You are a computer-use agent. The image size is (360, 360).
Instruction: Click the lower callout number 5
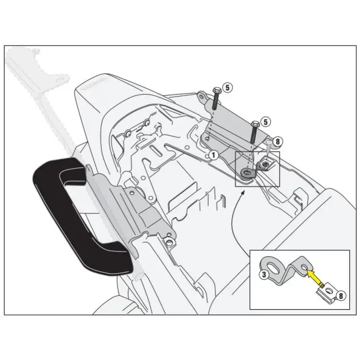[265, 122]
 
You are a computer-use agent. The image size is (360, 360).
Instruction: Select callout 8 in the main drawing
[278, 141]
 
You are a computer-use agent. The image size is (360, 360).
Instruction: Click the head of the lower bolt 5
[254, 123]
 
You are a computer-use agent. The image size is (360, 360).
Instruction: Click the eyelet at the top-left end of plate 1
[201, 96]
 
